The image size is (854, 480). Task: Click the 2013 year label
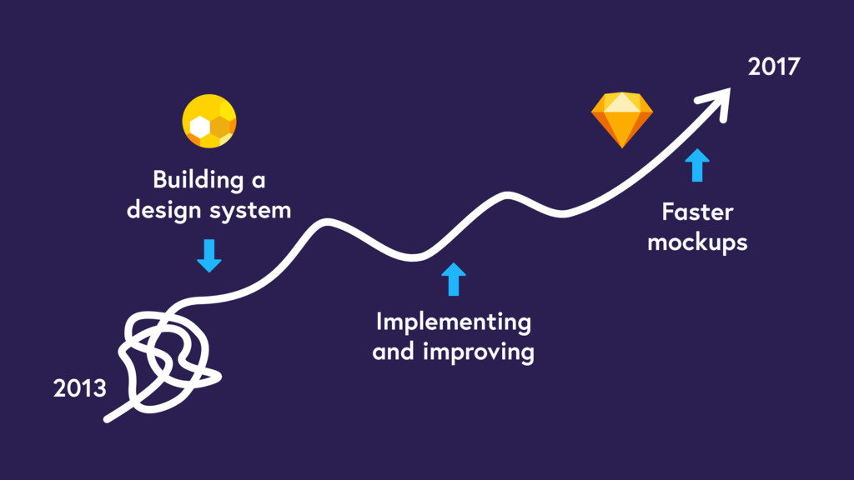coord(80,387)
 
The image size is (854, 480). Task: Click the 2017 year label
coord(774,67)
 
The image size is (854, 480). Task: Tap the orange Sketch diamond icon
coord(621,120)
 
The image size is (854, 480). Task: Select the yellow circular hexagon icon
coord(209,122)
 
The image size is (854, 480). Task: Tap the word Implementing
coord(453,322)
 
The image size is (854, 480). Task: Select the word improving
coord(479,352)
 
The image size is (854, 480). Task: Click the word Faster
coord(697,212)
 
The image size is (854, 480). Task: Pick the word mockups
coord(697,242)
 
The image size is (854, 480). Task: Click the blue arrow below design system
coord(208,255)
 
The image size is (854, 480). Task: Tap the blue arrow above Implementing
coord(453,279)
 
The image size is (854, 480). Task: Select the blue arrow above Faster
coord(697,165)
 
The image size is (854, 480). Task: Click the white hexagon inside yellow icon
coord(199,126)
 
